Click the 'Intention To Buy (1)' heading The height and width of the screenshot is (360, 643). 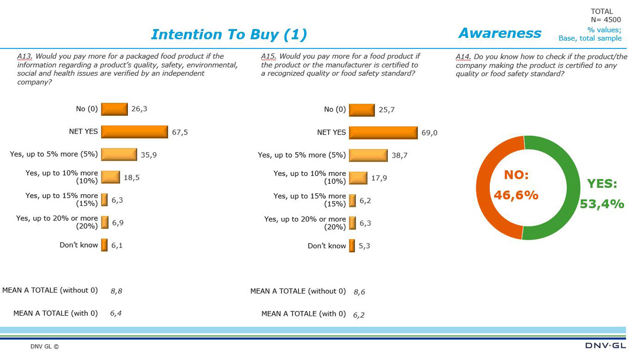[229, 34]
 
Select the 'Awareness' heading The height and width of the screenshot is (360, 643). [499, 33]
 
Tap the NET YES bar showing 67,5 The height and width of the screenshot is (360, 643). [134, 132]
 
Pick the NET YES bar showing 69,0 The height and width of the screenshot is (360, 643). [383, 133]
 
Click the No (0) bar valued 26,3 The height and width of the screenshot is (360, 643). [114, 109]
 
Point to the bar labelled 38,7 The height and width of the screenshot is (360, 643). [368, 155]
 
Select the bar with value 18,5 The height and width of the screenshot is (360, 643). [110, 177]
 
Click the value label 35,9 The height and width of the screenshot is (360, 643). [149, 155]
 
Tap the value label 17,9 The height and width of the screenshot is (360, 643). [379, 178]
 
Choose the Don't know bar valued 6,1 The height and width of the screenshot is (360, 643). [104, 245]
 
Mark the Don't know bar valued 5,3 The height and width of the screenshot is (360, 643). [352, 246]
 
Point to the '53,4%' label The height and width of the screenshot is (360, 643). [602, 204]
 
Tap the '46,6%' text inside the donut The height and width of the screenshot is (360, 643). [516, 195]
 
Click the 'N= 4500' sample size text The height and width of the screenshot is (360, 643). [606, 20]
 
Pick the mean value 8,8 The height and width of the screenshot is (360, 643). [116, 291]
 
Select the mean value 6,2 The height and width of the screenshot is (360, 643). [359, 315]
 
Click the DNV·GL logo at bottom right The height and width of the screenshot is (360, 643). [605, 345]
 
